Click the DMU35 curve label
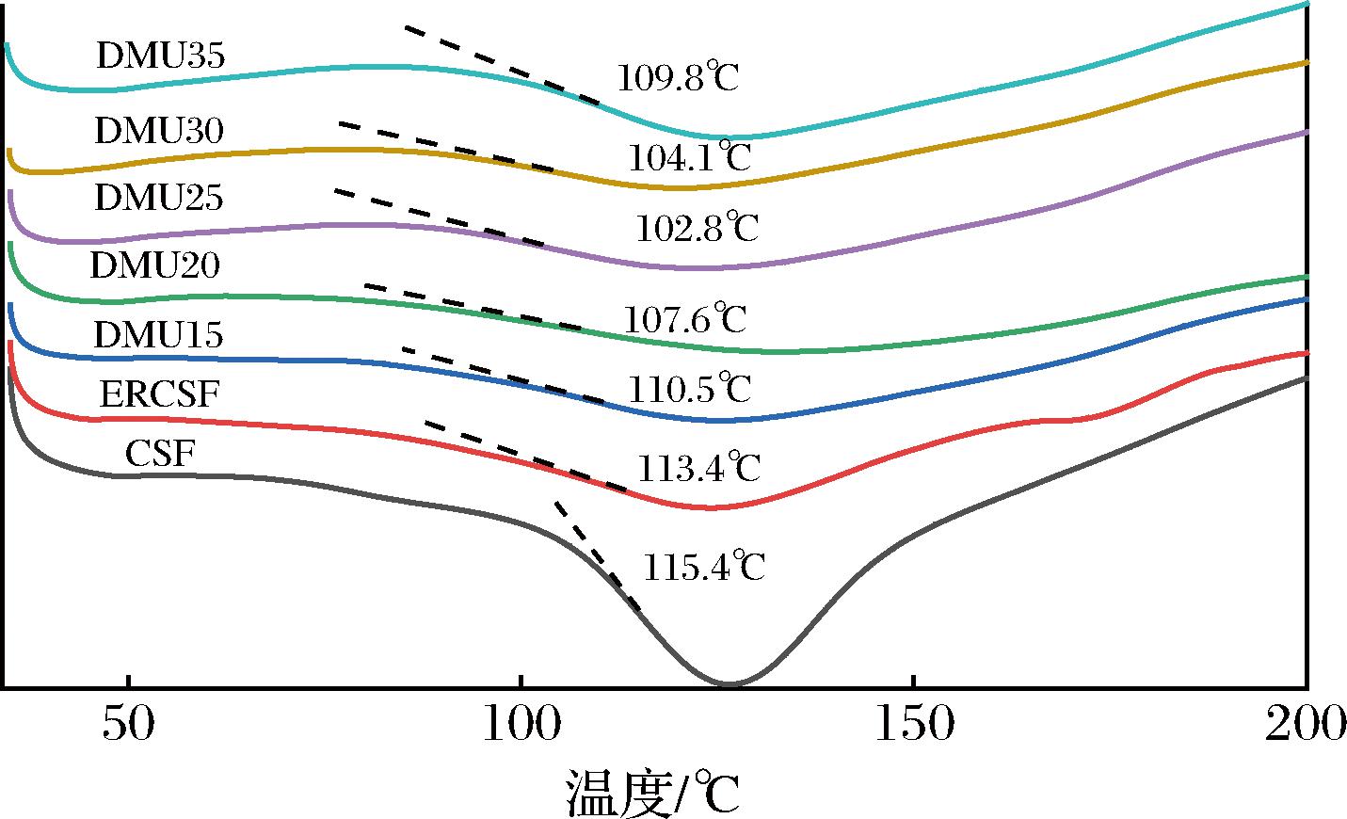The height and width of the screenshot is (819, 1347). (x=160, y=57)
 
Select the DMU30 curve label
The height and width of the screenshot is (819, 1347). (x=159, y=131)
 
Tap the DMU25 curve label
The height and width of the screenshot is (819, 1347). (x=159, y=199)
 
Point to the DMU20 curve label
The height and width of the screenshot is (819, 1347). (x=155, y=266)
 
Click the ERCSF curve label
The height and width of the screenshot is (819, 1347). (x=159, y=394)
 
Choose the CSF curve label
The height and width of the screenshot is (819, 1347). (x=160, y=454)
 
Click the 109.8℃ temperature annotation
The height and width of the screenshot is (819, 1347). (x=678, y=77)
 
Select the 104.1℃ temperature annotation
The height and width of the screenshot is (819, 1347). (x=690, y=157)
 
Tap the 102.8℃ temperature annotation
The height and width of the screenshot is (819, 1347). (x=697, y=229)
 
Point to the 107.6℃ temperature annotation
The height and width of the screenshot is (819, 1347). (x=684, y=319)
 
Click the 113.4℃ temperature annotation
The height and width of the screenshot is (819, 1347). (x=698, y=467)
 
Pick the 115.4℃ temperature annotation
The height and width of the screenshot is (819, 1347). (x=703, y=567)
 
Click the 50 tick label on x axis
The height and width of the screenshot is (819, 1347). (x=128, y=726)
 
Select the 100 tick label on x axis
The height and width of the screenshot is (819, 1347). (x=520, y=726)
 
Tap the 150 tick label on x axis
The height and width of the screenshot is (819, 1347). (x=912, y=726)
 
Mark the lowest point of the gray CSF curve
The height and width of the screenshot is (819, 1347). (x=729, y=684)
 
